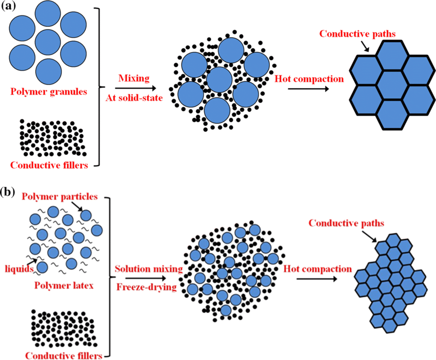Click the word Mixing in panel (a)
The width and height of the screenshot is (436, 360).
point(133,78)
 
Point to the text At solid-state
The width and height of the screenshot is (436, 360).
point(133,98)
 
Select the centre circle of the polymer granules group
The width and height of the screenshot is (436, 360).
point(48,43)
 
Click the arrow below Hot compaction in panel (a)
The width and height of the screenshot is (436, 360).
point(308,89)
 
